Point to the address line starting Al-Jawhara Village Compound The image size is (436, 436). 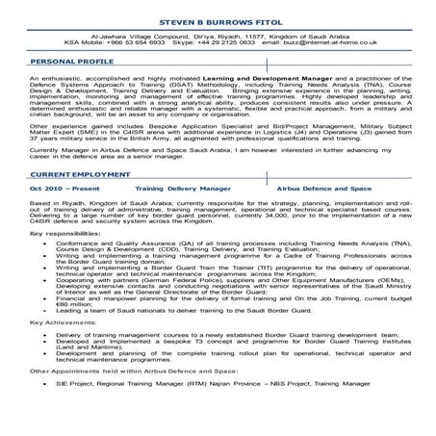coord(218,36)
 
